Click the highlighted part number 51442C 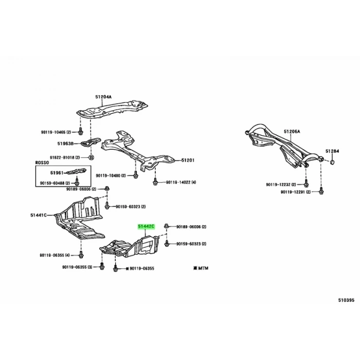coord(146,227)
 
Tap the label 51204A coord(103,97)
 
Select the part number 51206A coord(292,132)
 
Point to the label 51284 coord(332,151)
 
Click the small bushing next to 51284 coord(332,163)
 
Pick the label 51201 coord(188,160)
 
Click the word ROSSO coord(42,163)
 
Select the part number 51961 coord(57,173)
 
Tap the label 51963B coord(65,143)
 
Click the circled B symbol coord(92,157)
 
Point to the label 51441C coord(39,215)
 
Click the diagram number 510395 coord(346,300)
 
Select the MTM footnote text coord(201,268)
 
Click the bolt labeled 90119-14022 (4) coord(155,183)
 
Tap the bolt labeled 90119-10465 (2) coord(80,132)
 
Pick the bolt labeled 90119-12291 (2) coord(321,191)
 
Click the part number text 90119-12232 coord(278,185)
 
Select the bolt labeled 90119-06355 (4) coord(81,255)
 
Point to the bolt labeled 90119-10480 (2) coord(135,175)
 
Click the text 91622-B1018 coord(62,157)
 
